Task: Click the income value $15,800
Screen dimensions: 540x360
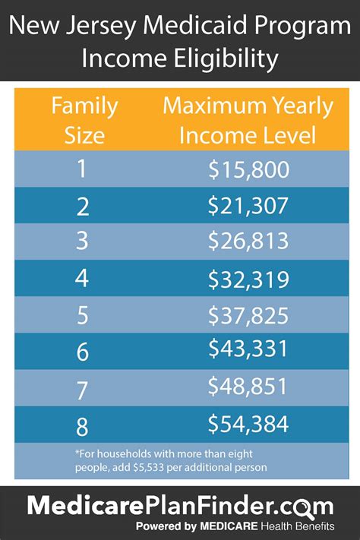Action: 248,169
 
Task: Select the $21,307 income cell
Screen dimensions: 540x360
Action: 248,205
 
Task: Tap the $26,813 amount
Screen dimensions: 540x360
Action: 248,241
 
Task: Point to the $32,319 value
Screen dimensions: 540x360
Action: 248,279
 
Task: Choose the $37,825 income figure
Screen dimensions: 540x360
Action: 248,314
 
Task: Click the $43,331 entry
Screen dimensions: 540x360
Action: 248,349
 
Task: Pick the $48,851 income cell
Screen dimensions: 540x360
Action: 248,386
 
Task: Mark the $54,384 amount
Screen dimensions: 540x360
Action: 248,422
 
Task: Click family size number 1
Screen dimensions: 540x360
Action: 81,169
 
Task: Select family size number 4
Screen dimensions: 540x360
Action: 81,278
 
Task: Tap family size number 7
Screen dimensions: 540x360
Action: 81,386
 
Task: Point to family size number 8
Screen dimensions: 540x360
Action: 81,422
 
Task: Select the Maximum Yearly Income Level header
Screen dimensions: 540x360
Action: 248,121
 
